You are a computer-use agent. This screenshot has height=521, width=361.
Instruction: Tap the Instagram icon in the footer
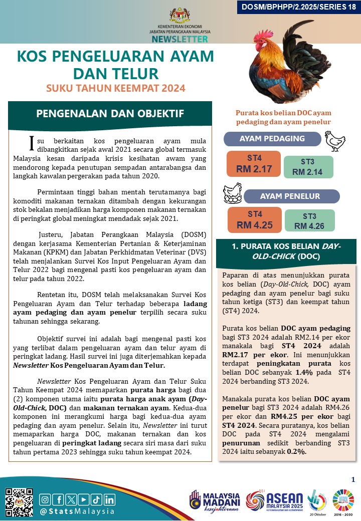tap(45, 499)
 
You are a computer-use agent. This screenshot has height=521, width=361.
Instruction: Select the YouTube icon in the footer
tap(83, 499)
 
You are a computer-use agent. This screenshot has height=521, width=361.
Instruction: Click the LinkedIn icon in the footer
tap(109, 499)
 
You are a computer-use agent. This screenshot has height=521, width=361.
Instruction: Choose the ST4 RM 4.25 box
tap(254, 220)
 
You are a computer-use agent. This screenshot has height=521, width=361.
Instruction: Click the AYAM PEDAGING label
tap(272, 139)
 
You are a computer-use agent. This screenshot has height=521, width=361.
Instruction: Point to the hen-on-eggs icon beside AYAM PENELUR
tap(233, 193)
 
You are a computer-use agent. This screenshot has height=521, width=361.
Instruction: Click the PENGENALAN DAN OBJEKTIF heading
tap(110, 114)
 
